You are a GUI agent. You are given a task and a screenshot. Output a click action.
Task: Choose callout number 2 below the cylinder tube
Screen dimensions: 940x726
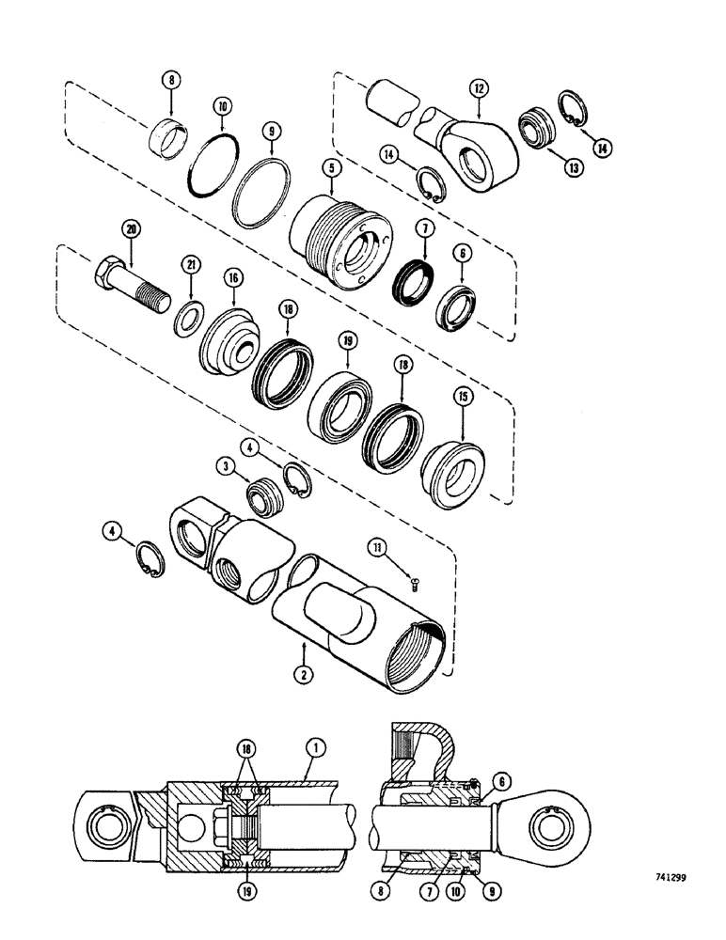pyautogui.click(x=304, y=673)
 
